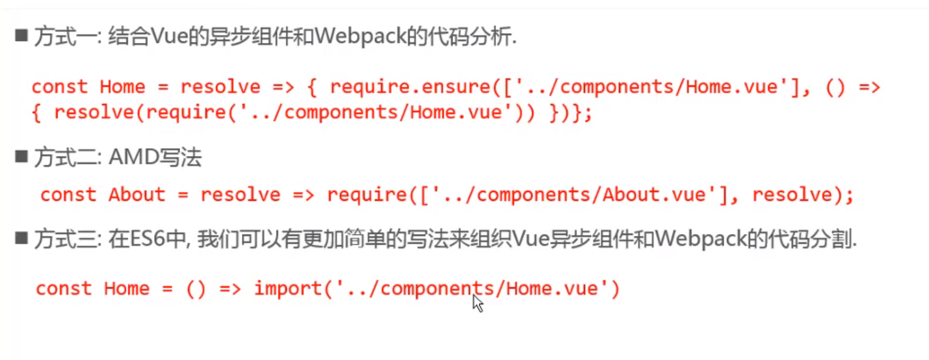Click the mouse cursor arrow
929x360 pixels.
[x=478, y=303]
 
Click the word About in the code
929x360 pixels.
[x=137, y=194]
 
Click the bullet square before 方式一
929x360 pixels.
[x=21, y=36]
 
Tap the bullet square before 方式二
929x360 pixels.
[x=21, y=157]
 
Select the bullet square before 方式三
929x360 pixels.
[x=21, y=239]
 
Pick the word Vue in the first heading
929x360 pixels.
[x=165, y=37]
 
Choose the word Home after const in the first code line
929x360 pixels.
[x=122, y=86]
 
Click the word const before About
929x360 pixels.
[x=68, y=194]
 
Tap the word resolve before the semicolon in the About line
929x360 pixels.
[x=792, y=194]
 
